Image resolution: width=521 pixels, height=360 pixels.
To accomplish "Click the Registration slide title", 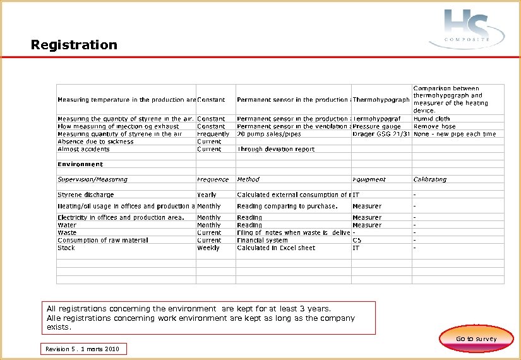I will pyautogui.click(x=74, y=45).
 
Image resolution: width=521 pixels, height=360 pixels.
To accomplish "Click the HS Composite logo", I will pyautogui.click(x=467, y=28).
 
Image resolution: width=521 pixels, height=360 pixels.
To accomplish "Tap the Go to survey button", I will pyautogui.click(x=476, y=339).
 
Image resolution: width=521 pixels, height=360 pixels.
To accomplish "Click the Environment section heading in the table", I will pyautogui.click(x=80, y=164).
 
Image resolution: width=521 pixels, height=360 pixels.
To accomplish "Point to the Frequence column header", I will pyautogui.click(x=213, y=179).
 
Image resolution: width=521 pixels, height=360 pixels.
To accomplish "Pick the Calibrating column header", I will pyautogui.click(x=429, y=179).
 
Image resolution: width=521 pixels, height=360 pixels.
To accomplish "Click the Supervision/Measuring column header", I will pyautogui.click(x=92, y=179).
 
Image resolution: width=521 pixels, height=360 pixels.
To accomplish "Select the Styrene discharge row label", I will pyautogui.click(x=86, y=195).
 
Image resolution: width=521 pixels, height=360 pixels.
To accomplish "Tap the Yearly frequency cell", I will pyautogui.click(x=207, y=195).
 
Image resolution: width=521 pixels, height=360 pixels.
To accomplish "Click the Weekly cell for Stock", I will pyautogui.click(x=208, y=248).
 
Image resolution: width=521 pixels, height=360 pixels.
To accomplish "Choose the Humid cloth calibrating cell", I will pyautogui.click(x=431, y=119).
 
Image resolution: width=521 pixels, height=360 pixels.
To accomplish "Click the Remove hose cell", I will pyautogui.click(x=434, y=126).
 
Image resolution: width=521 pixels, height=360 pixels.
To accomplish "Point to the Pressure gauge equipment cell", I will pyautogui.click(x=376, y=126).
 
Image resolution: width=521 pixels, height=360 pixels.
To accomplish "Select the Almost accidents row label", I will pyautogui.click(x=83, y=149).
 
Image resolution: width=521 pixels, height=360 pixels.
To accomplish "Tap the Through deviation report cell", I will pyautogui.click(x=275, y=149).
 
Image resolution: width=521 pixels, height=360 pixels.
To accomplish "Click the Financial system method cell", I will pyautogui.click(x=263, y=241).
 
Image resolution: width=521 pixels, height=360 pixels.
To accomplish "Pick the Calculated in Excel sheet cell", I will pyautogui.click(x=276, y=248).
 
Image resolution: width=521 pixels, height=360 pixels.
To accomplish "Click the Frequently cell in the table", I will pyautogui.click(x=213, y=134).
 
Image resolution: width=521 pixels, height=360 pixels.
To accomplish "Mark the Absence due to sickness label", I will pyautogui.click(x=95, y=141).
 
